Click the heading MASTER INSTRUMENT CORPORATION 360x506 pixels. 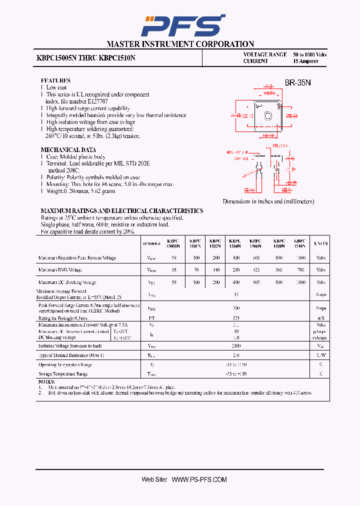point(180,44)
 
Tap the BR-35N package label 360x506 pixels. point(298,83)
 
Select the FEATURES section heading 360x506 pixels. point(55,80)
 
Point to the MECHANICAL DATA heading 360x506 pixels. point(68,150)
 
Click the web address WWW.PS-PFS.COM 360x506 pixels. point(199,479)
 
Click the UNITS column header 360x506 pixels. point(320,243)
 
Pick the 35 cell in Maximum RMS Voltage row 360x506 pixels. point(174,270)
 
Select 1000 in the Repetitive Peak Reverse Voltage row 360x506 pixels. point(300,258)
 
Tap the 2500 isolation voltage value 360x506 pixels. point(236,346)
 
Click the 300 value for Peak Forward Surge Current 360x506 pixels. point(236,308)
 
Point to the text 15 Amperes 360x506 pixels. point(305,61)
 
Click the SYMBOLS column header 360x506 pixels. point(151,243)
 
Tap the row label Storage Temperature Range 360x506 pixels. point(63,374)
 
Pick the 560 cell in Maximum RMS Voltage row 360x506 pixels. point(279,270)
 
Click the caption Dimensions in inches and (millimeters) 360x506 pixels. point(268,201)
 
